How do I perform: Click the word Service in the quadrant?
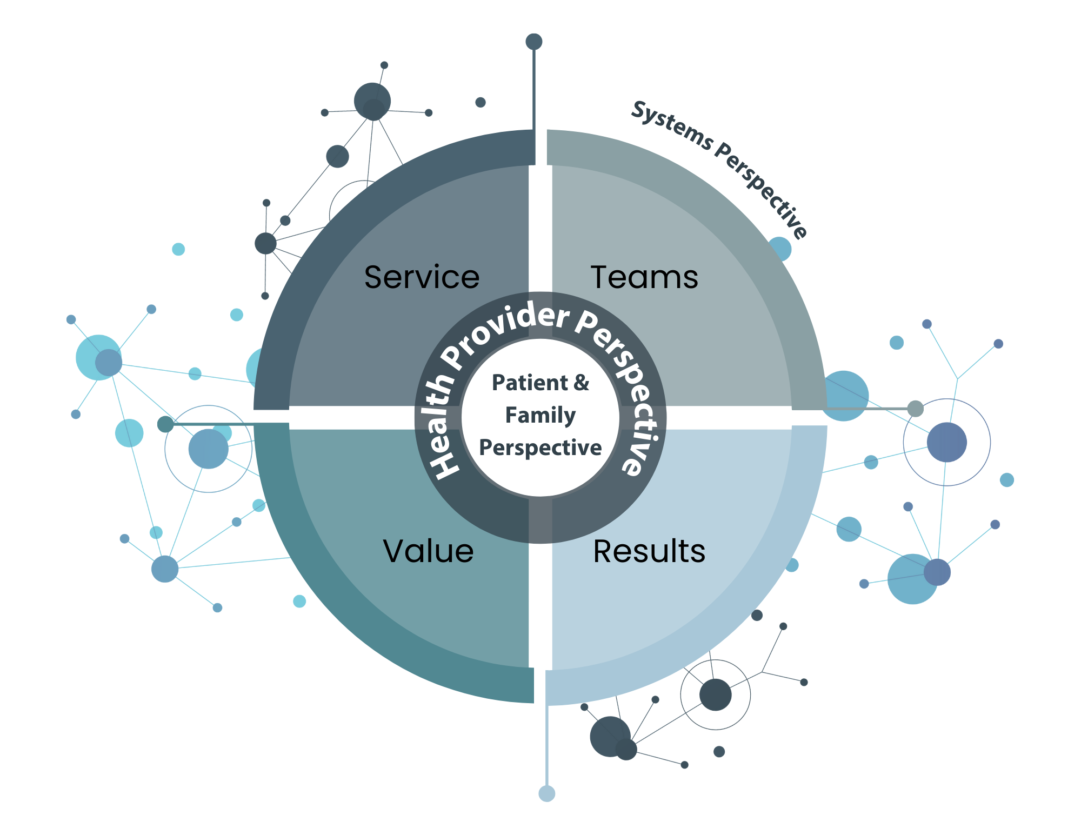[x=422, y=277]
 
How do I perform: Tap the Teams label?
[x=644, y=277]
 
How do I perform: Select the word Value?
[x=428, y=551]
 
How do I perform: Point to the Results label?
[x=649, y=551]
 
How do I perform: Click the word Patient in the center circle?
[x=530, y=383]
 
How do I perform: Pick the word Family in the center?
[x=540, y=415]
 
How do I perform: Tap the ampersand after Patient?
[x=582, y=383]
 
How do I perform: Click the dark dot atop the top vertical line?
[x=534, y=42]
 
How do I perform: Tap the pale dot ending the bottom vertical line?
[x=547, y=793]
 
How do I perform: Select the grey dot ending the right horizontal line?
[x=915, y=409]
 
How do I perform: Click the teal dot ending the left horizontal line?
[x=165, y=424]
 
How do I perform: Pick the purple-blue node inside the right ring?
[x=946, y=442]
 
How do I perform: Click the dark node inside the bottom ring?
[x=715, y=694]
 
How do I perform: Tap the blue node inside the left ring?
[x=208, y=449]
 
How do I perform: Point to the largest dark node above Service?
[x=372, y=101]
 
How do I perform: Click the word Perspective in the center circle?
[x=540, y=447]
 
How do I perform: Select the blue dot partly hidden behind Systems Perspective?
[x=780, y=249]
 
